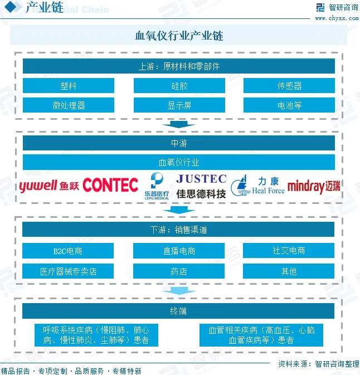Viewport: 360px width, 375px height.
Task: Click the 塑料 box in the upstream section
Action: click(69, 86)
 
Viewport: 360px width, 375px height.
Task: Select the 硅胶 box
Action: click(179, 86)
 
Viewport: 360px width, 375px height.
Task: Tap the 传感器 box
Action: click(289, 86)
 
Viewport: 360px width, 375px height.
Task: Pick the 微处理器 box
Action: click(69, 105)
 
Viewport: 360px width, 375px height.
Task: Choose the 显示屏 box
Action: click(179, 105)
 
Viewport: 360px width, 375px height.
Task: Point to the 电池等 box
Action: click(289, 105)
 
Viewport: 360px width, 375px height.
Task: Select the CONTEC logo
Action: click(110, 185)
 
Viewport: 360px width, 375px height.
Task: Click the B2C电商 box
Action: click(68, 251)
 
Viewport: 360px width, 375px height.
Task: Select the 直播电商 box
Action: click(179, 251)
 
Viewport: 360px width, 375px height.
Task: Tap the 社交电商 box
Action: click(289, 251)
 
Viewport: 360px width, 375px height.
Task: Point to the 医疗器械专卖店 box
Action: click(68, 271)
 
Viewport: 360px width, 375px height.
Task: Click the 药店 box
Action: click(179, 271)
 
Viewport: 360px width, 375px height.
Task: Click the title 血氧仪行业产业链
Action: click(179, 36)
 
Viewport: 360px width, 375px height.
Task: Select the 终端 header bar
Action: click(179, 311)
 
